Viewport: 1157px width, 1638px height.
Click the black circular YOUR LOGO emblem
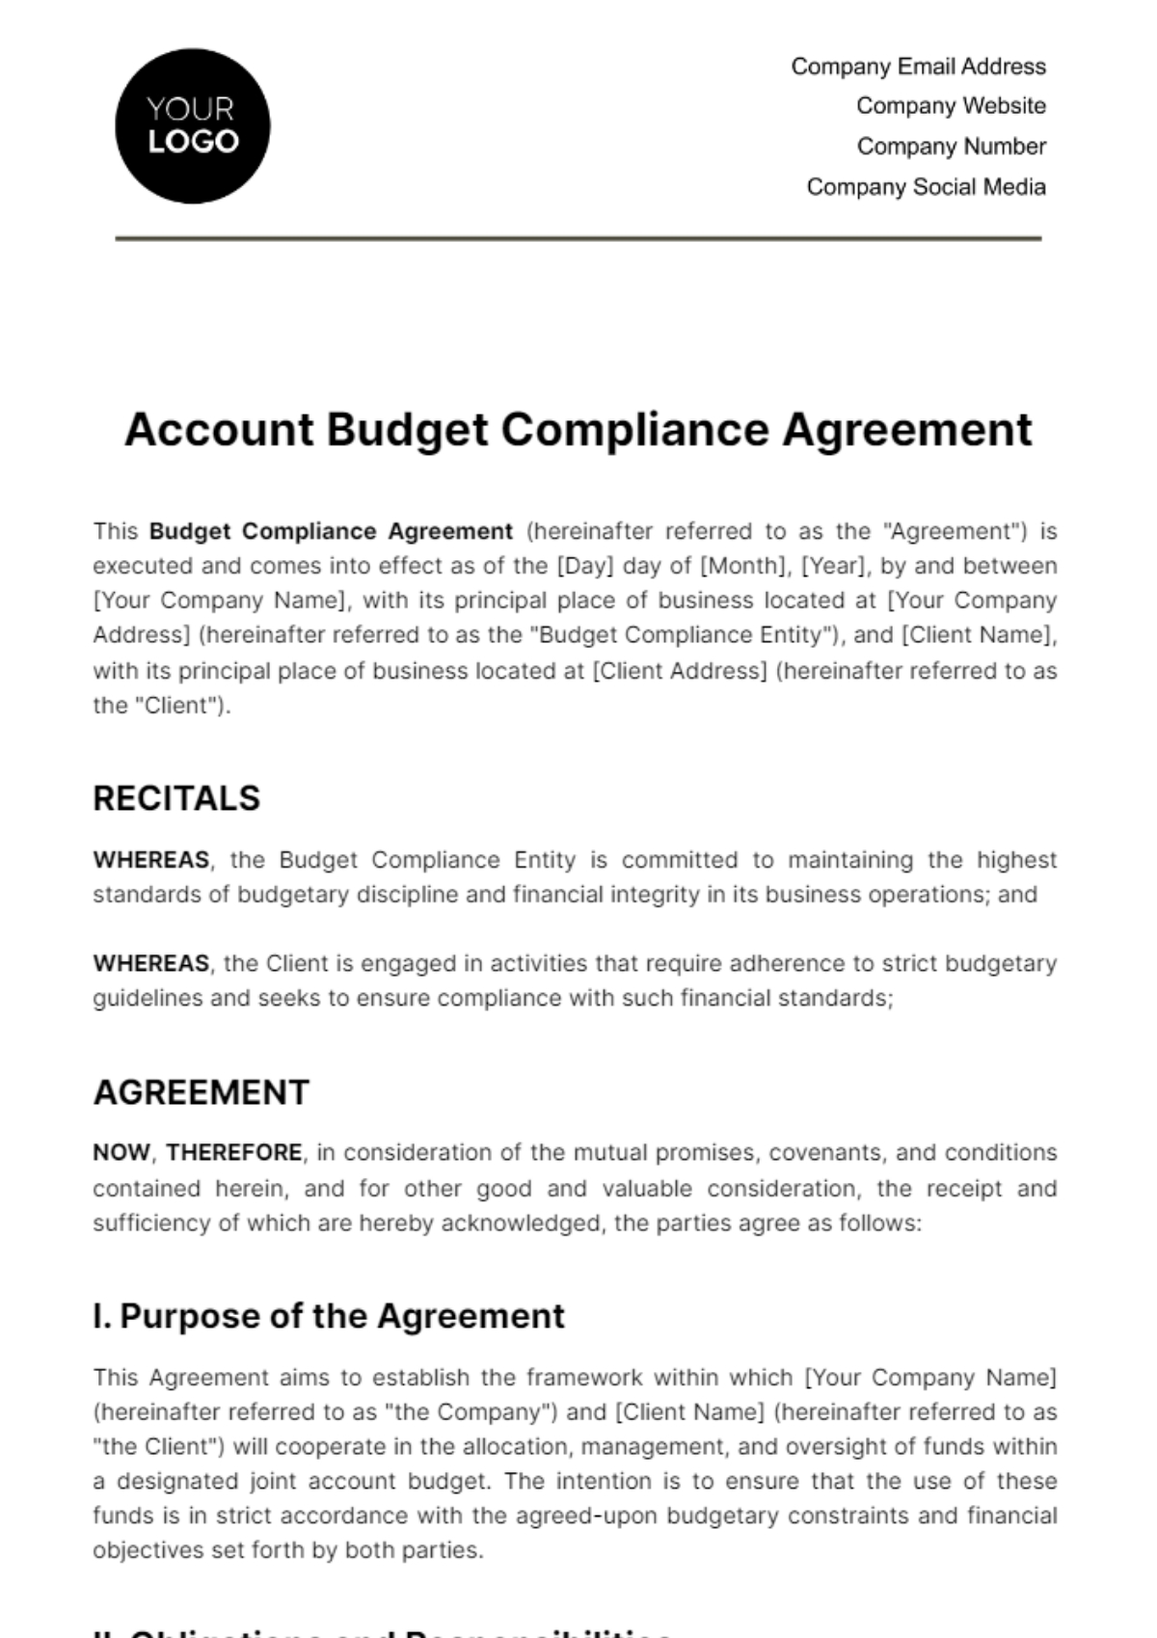tap(193, 126)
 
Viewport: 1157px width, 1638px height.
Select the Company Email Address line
tap(918, 67)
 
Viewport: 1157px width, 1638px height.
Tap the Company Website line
tap(951, 106)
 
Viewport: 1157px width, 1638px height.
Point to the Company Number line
tap(951, 147)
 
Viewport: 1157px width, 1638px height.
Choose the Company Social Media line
tap(926, 187)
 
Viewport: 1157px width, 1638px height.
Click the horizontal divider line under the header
tap(578, 238)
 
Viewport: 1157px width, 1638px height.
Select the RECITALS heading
tap(176, 798)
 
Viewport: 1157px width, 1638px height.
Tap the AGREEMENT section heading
tap(201, 1092)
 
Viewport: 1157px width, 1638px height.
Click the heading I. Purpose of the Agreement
tap(329, 1316)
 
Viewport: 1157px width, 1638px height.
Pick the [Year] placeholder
tap(833, 566)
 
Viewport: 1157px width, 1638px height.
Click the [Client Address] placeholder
tap(680, 670)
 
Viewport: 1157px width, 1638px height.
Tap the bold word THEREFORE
tap(234, 1153)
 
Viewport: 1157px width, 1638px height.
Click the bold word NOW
tap(121, 1153)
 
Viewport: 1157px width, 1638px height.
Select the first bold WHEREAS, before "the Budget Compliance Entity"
tap(151, 860)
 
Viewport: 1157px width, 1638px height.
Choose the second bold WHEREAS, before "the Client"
tap(151, 963)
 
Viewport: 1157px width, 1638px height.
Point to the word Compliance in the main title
tap(635, 430)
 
